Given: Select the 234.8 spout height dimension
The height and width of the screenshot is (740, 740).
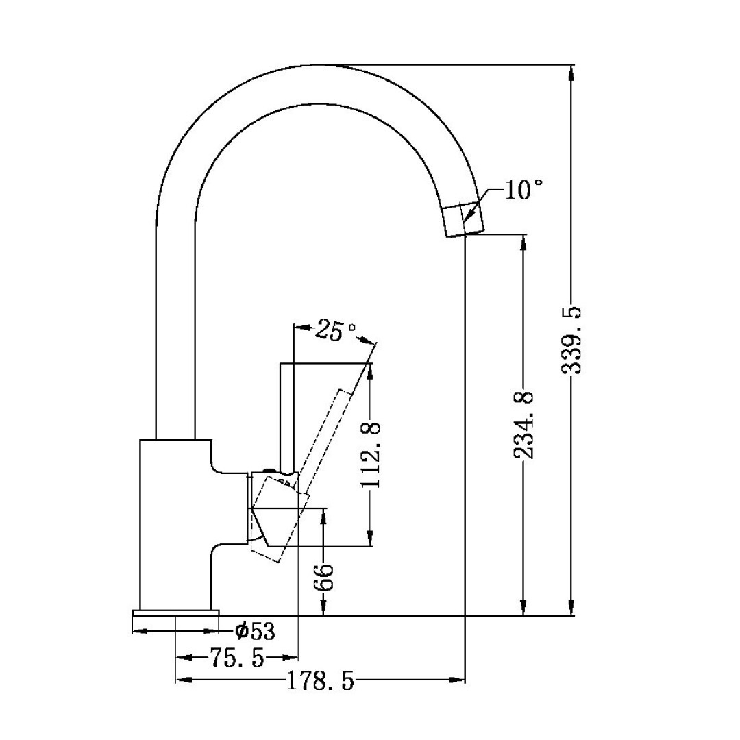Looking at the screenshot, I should point(524,425).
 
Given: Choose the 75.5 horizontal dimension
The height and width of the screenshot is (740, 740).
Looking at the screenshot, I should point(236,658).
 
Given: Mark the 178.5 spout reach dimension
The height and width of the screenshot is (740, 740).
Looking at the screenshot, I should point(320,681).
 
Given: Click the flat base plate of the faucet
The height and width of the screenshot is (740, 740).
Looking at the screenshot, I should point(176,612).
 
